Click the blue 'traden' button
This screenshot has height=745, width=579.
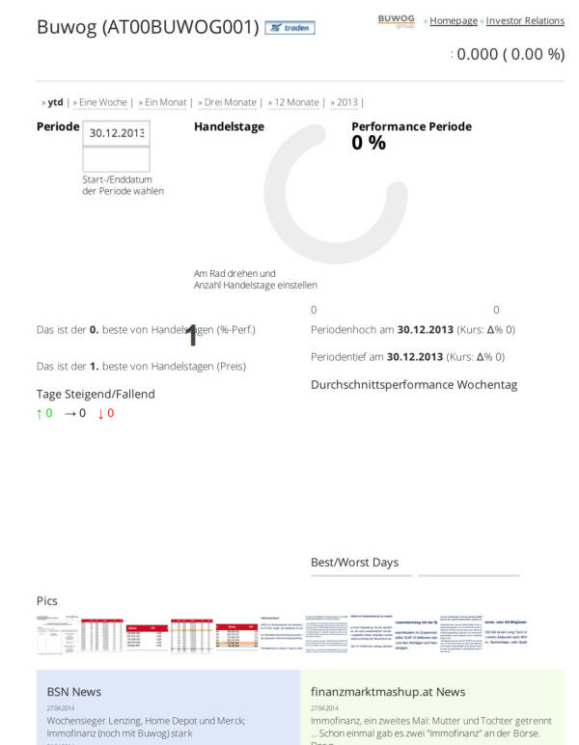(289, 28)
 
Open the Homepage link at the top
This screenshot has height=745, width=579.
(454, 20)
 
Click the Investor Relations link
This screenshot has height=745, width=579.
(525, 20)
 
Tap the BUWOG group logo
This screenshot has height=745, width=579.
(396, 20)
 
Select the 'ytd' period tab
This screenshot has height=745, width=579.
(55, 102)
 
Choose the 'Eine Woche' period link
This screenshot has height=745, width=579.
(102, 102)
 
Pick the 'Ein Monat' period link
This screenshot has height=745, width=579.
(165, 102)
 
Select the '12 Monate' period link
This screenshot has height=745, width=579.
(296, 102)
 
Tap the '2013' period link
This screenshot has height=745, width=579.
(346, 102)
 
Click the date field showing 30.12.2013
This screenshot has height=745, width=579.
(116, 133)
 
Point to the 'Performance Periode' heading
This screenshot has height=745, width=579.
(411, 126)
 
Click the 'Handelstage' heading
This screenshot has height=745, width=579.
(229, 126)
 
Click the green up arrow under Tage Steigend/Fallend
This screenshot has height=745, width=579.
(40, 413)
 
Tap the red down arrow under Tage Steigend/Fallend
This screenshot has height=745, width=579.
(100, 413)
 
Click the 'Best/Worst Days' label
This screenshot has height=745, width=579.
(354, 563)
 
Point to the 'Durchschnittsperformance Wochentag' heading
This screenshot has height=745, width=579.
(414, 385)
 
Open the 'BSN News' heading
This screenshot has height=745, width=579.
(74, 692)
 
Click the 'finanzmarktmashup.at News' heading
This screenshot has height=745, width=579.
(388, 692)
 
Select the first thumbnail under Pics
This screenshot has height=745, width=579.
(55, 635)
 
